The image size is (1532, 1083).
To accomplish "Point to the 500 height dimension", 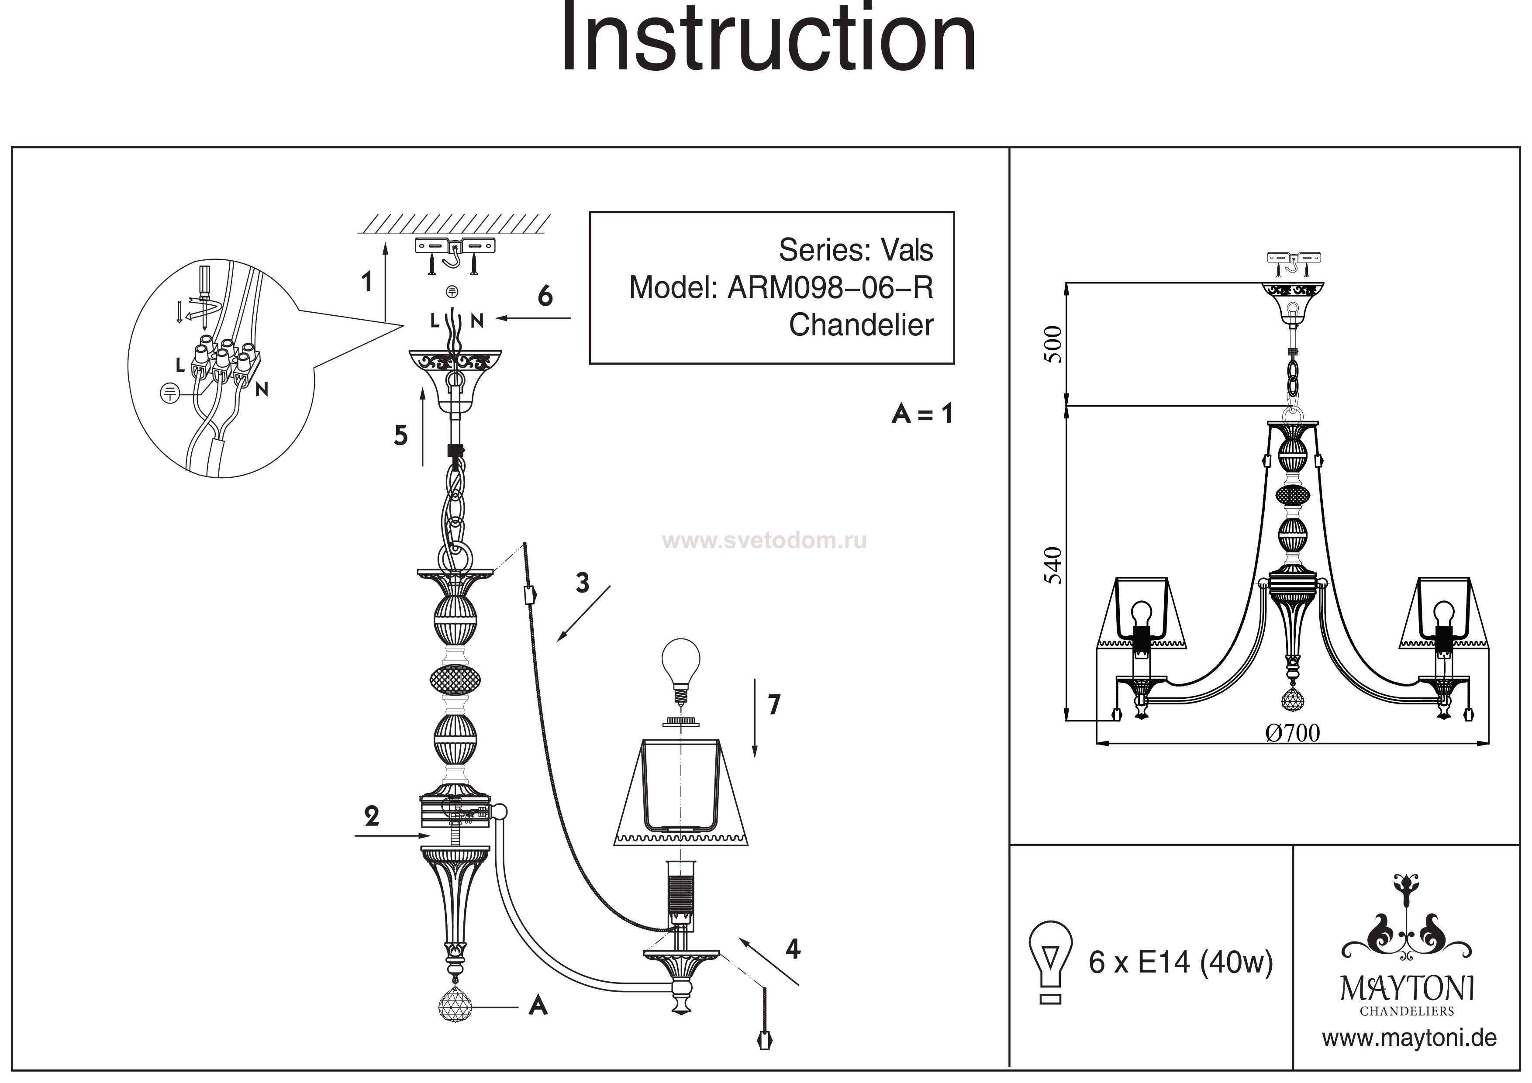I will coord(1053,344).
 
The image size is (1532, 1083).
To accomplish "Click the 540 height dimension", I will coord(1053,565).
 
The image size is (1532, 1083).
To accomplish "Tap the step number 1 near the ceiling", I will coord(366,282).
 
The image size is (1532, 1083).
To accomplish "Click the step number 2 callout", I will coord(372,816).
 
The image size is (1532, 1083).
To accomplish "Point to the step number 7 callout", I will coord(773,705).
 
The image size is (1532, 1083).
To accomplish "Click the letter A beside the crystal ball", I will coord(538,1006).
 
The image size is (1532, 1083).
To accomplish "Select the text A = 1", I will coord(922,414).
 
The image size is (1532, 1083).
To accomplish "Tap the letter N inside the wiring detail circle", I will coord(262,389).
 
